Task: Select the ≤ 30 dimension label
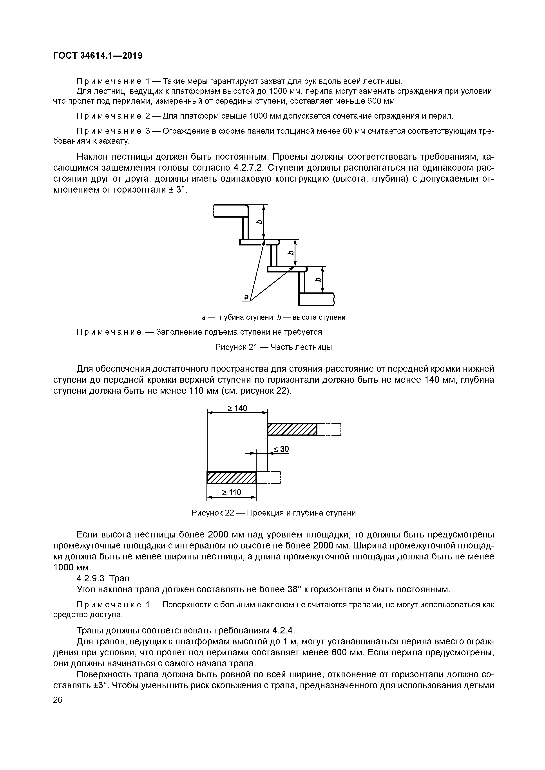(x=281, y=449)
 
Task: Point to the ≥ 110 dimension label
(x=231, y=492)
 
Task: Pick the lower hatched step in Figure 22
(x=232, y=478)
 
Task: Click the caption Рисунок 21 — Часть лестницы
(x=273, y=347)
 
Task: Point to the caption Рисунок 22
(x=273, y=513)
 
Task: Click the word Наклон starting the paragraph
(x=92, y=157)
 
